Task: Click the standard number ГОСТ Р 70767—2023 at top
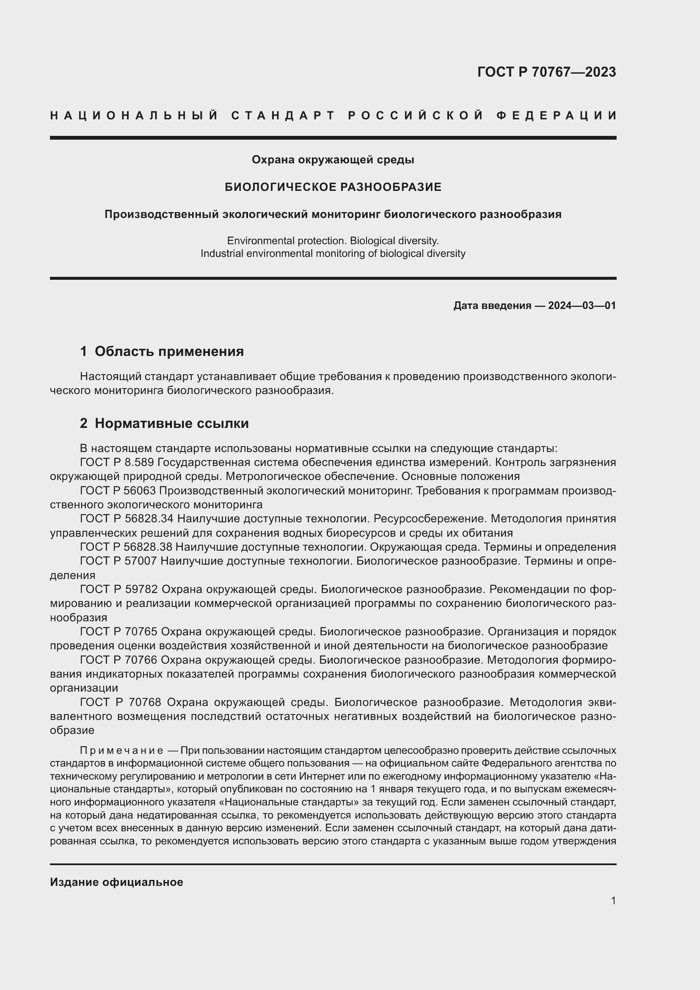(x=546, y=72)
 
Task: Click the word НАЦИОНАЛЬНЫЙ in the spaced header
(x=134, y=116)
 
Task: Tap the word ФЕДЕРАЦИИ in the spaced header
(x=557, y=116)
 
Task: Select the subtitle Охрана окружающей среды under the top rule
(x=333, y=160)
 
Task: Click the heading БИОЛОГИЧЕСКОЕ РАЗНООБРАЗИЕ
(x=333, y=187)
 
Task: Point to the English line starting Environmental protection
(x=333, y=240)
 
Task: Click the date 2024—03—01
(x=582, y=306)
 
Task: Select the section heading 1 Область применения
(x=162, y=351)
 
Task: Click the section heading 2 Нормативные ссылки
(x=164, y=423)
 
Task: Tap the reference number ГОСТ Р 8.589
(x=117, y=463)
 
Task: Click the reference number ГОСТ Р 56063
(x=118, y=491)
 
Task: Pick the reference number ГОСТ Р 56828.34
(x=126, y=519)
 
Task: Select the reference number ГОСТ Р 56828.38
(x=126, y=547)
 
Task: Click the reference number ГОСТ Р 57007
(x=118, y=561)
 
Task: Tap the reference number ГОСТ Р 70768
(x=120, y=703)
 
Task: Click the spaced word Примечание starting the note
(x=121, y=750)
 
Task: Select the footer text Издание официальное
(x=116, y=882)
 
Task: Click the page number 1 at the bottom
(x=613, y=900)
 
